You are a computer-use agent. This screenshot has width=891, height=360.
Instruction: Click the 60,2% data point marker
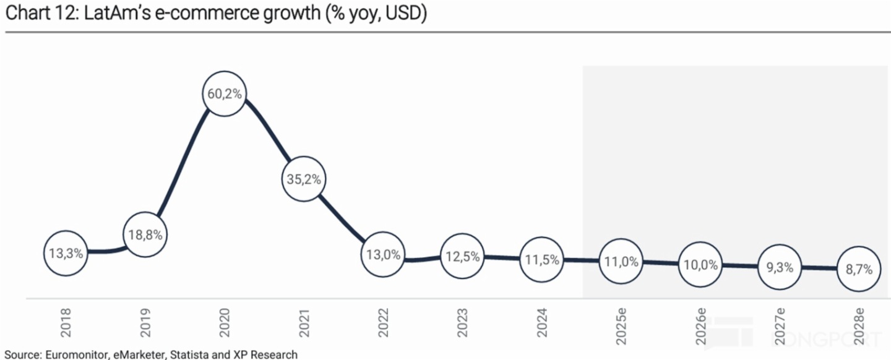tap(225, 94)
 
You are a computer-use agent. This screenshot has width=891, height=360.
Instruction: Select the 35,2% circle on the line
tap(304, 179)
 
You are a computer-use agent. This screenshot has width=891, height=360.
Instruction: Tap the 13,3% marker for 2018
tap(65, 252)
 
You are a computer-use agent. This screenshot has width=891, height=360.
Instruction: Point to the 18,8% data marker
tap(145, 235)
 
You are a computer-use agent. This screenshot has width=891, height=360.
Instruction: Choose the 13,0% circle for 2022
tap(383, 254)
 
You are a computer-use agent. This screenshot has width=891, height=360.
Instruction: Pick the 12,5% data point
tap(462, 257)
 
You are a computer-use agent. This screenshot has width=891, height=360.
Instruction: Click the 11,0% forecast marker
tap(621, 262)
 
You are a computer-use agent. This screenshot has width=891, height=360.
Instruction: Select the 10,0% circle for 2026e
tap(700, 265)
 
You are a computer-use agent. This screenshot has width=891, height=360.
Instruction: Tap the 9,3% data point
tap(780, 267)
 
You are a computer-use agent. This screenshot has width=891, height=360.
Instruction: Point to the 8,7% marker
tap(859, 270)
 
